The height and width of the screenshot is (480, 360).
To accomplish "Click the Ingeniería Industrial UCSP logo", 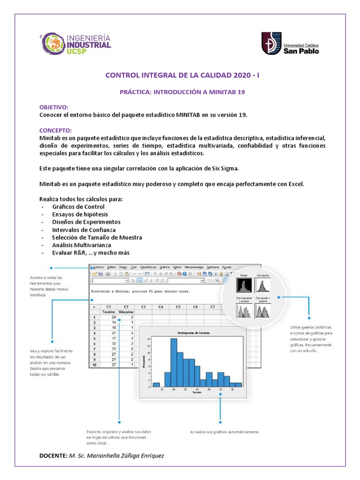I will click(x=77, y=44).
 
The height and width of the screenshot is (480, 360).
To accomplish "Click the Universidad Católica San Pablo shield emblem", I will click(x=271, y=43).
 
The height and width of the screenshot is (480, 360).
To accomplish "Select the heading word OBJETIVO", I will click(x=53, y=107).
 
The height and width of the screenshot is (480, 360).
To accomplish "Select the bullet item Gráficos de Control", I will click(x=78, y=207).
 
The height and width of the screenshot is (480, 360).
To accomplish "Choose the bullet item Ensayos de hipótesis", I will click(x=80, y=214).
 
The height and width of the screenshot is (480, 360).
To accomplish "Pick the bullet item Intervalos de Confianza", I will click(x=84, y=230).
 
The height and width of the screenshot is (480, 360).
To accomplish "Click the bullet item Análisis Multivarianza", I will click(x=82, y=245).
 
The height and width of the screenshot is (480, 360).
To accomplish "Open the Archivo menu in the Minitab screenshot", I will click(x=98, y=266).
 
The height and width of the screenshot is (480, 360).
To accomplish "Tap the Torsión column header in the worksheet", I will click(x=109, y=311).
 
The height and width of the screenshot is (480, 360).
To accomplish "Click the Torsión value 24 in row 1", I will click(x=113, y=317).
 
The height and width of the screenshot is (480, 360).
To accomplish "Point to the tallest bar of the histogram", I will click(x=173, y=361).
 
